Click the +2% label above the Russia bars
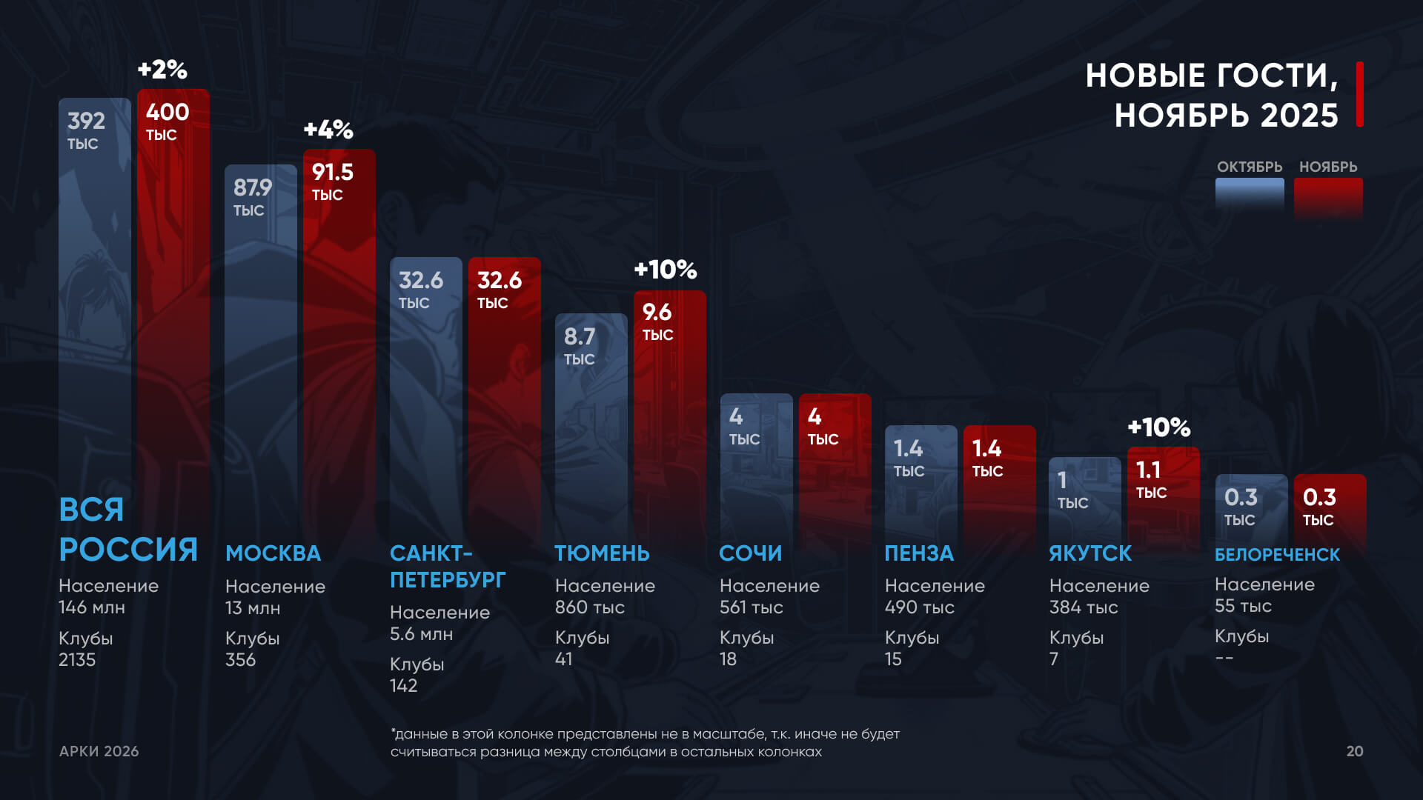coord(162,70)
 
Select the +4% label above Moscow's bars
coord(328,130)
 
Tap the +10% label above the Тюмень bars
coord(666,270)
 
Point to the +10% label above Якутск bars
coord(1158,427)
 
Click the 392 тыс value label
coord(86,130)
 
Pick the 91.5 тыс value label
coord(332,181)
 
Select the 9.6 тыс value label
coord(657,321)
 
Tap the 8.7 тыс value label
coord(580,346)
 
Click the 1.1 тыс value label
coord(1150,479)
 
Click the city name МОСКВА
coord(273,553)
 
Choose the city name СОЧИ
coord(750,553)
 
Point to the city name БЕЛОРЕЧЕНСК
coord(1277,555)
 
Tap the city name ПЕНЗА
coord(919,553)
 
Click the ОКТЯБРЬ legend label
coord(1249,167)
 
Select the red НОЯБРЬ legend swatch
coord(1328,197)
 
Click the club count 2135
coord(77,660)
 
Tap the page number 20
coord(1355,751)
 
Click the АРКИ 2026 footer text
coord(99,751)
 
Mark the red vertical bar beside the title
coord(1360,94)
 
